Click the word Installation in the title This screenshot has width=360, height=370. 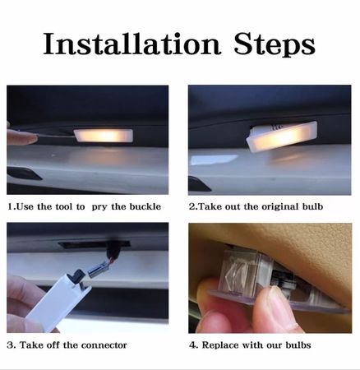point(132,44)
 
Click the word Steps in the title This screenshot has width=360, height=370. point(275,44)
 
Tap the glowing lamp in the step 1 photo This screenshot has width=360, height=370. point(104,136)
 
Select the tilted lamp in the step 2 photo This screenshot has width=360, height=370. point(282,136)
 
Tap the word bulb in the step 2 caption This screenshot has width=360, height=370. point(313,206)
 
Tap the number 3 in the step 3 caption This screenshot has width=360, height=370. point(10,345)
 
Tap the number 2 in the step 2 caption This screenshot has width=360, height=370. point(192,206)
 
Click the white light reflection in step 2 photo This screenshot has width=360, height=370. point(213,159)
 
